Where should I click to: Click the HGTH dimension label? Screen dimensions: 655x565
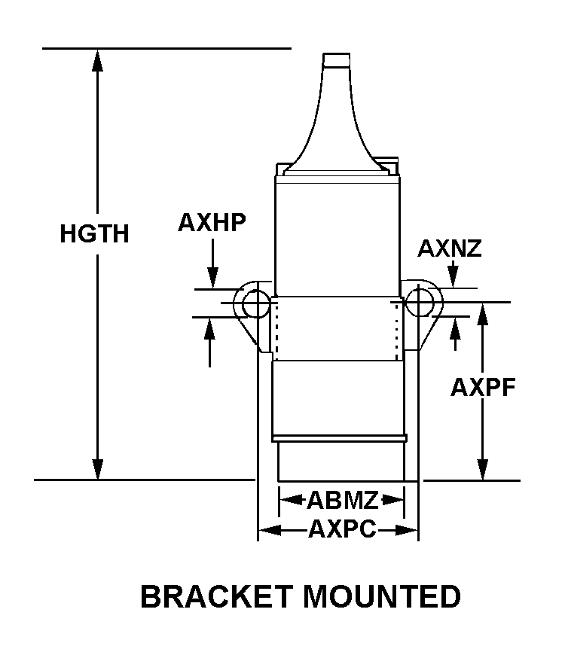coord(94,234)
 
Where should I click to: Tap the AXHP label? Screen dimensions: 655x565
coord(212,222)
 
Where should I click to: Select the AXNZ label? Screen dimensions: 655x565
coord(450,248)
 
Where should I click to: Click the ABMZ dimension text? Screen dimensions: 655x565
coord(342,499)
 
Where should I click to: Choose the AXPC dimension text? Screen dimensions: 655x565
coord(341,530)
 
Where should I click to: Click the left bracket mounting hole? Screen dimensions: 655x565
coord(255,303)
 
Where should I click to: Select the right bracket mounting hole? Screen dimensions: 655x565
coord(418,303)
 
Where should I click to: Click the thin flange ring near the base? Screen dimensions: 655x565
coord(340,438)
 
